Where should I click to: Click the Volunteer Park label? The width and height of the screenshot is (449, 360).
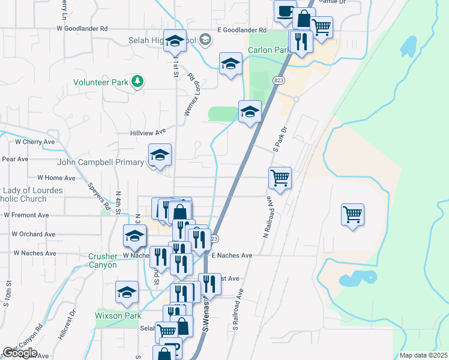tap(101, 82)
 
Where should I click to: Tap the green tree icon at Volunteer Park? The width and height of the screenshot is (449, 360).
tap(138, 81)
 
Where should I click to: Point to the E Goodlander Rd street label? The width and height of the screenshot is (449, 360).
tap(242, 29)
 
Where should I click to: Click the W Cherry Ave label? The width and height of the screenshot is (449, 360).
tap(35, 142)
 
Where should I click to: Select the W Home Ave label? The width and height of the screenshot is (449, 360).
tap(56, 178)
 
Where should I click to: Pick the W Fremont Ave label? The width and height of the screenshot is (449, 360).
tap(26, 215)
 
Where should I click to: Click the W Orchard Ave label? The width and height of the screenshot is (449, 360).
tap(34, 234)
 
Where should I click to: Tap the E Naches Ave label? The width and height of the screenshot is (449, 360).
tap(232, 255)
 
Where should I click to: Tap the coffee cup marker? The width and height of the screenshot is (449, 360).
tap(285, 11)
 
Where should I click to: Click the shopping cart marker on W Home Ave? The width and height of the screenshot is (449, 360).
tap(280, 178)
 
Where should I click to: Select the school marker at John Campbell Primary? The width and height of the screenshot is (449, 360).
tap(160, 155)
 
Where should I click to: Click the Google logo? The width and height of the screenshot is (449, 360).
tap(20, 353)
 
